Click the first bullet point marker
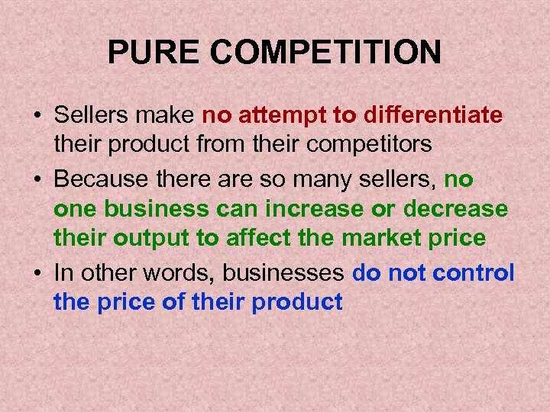pyautogui.click(x=36, y=117)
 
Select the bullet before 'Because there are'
pyautogui.click(x=36, y=180)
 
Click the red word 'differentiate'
pyautogui.click(x=433, y=115)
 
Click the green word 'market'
pyautogui.click(x=377, y=238)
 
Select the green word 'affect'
pyautogui.click(x=255, y=238)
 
